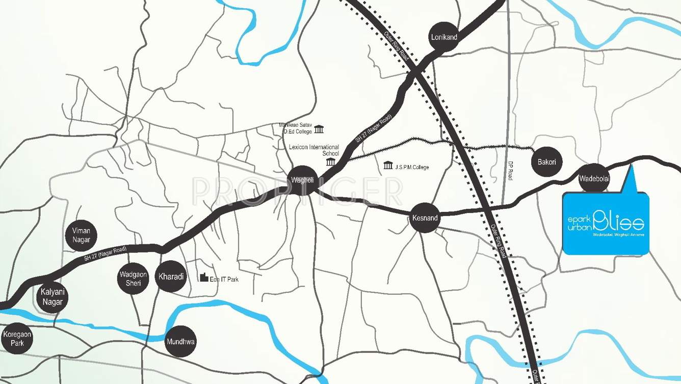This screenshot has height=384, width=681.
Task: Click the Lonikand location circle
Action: [444, 37]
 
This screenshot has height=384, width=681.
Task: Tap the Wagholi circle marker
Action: [303, 180]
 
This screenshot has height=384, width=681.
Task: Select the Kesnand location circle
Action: [424, 218]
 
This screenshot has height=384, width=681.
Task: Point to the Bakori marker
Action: [546, 162]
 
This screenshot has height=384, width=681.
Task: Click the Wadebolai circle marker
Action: [594, 178]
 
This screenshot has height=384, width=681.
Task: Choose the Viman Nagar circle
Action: [81, 235]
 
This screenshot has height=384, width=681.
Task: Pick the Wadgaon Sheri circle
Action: [133, 279]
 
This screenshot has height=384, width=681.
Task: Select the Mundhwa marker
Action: [181, 342]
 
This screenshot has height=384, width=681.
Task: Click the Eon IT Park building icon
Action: [204, 277]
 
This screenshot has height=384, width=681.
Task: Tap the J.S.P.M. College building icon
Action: [388, 165]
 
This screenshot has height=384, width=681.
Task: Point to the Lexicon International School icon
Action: [331, 162]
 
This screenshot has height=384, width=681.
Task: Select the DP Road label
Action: [510, 171]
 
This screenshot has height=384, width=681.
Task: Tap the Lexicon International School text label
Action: [314, 150]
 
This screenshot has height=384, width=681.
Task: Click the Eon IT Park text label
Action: [224, 279]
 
